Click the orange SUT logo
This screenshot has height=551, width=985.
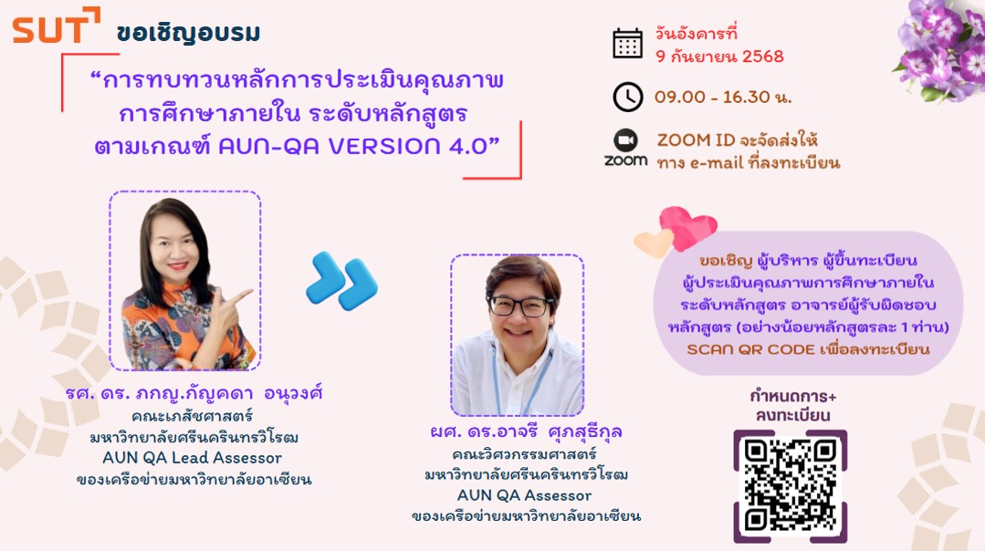(x=56, y=26)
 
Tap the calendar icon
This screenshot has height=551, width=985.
(x=627, y=43)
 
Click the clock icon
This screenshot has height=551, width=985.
(x=627, y=97)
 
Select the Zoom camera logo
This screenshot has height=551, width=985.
(x=625, y=140)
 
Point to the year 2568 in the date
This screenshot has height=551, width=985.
(x=762, y=57)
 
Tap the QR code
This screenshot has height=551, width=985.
(x=791, y=485)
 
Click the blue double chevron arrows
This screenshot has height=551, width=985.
(x=341, y=281)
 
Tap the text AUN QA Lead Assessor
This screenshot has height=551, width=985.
(x=193, y=457)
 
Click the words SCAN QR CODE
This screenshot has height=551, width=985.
(x=750, y=348)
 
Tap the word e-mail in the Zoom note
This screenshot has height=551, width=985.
(x=717, y=163)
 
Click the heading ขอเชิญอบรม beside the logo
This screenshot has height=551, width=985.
(x=188, y=33)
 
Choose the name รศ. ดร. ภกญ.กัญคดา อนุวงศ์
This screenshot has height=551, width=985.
(x=194, y=393)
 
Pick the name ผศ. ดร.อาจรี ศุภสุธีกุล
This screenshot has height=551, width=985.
(x=526, y=431)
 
